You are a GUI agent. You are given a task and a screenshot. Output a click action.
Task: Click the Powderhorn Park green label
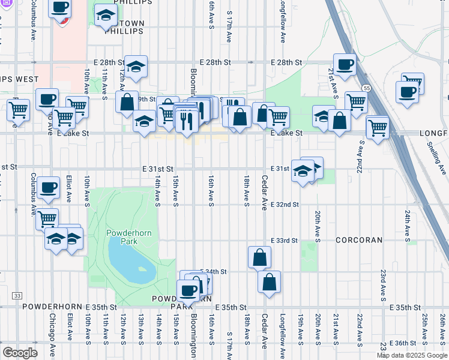[122, 236]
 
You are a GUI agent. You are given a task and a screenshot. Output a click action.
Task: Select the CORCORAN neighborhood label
[359, 240]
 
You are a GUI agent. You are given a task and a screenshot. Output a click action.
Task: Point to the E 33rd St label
[284, 241]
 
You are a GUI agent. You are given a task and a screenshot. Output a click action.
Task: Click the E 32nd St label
[285, 205]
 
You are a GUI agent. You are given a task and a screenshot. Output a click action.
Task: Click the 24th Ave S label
[407, 221]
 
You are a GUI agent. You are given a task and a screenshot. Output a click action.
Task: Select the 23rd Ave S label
[382, 281]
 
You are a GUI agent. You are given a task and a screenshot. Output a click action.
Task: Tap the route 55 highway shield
[366, 88]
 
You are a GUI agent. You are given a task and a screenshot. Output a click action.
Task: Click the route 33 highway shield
[17, 296]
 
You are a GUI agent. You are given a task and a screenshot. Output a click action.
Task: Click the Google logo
[20, 352]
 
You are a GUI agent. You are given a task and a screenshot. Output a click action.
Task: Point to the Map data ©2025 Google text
[412, 355]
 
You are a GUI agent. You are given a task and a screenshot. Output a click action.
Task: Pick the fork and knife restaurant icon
[187, 120]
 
